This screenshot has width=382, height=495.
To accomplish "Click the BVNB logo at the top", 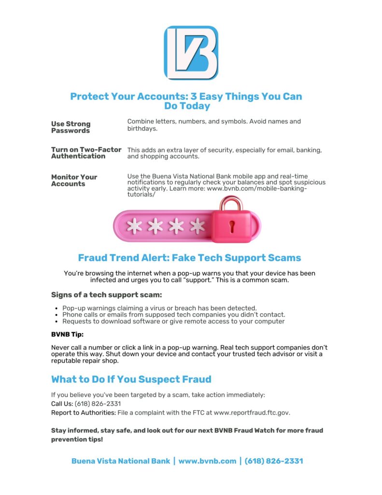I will point(191,53).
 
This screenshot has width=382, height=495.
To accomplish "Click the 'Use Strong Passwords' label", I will point(71,127).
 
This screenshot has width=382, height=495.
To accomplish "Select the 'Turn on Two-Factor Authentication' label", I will point(86,153).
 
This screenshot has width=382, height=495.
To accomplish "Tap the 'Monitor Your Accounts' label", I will point(74,180).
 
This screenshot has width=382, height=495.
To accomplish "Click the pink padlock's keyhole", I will point(232,226).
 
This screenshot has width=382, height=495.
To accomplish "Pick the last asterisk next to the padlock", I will point(197,226).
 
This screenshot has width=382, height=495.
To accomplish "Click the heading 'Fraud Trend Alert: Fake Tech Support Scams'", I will point(189,258).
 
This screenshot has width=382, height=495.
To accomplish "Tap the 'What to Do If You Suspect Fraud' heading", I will point(131,379).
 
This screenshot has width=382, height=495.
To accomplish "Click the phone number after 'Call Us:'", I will point(98,404).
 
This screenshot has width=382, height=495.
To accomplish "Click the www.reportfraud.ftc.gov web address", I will point(251,412).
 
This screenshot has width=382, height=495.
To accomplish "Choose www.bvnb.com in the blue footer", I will point(207,461).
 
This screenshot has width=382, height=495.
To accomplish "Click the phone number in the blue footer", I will point(274,461).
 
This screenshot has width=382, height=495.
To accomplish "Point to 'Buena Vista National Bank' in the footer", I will point(121,461).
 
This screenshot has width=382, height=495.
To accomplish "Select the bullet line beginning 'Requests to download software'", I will point(173,321).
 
